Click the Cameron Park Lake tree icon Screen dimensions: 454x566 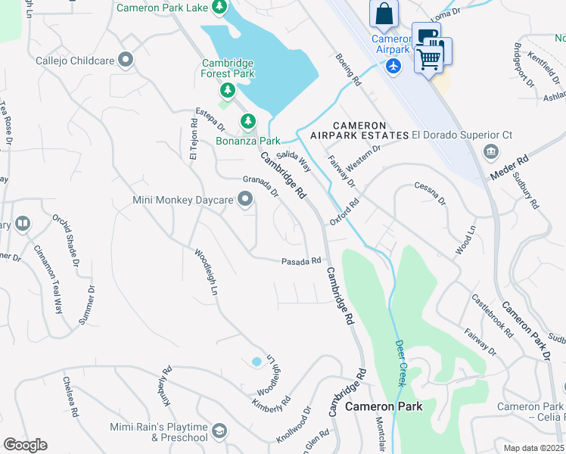pos(219,7)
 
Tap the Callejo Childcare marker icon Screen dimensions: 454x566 pos(126,59)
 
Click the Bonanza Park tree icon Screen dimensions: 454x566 pos(247,121)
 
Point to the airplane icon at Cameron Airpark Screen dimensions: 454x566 pos(393,66)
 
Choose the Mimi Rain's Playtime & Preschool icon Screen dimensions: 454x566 pos(219,431)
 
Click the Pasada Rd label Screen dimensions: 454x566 pos(301,261)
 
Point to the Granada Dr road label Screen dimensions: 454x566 pos(261,186)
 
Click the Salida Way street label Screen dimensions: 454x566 pos(294,160)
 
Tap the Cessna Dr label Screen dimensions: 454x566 pos(431,194)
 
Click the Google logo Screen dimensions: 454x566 pos(25,445)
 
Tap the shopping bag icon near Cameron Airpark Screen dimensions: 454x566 pos(384,14)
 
